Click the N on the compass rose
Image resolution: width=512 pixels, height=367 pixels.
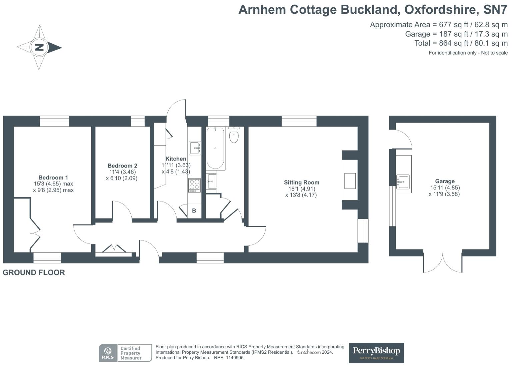tap(39, 47)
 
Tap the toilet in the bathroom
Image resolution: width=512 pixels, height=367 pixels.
tap(234, 135)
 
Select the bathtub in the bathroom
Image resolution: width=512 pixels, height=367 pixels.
tap(215, 148)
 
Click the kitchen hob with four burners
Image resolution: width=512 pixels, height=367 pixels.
tap(194, 185)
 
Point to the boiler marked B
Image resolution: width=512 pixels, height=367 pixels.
tap(194, 211)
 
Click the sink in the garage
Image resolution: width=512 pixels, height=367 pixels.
tap(403, 182)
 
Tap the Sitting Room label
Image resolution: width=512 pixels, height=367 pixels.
tap(301, 183)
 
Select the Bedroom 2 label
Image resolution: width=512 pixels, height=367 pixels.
tap(122, 166)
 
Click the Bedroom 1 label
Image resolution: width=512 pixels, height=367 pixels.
tap(53, 178)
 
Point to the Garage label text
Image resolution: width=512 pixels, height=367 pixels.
tap(445, 182)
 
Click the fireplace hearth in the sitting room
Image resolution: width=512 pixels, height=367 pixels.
tap(350, 181)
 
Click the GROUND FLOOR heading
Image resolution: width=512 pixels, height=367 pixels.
tap(34, 272)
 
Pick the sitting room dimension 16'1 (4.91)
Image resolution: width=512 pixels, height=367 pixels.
tap(301, 189)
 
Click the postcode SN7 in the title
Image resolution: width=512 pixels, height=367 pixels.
tap(495, 10)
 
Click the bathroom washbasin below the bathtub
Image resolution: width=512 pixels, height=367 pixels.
tap(211, 182)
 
